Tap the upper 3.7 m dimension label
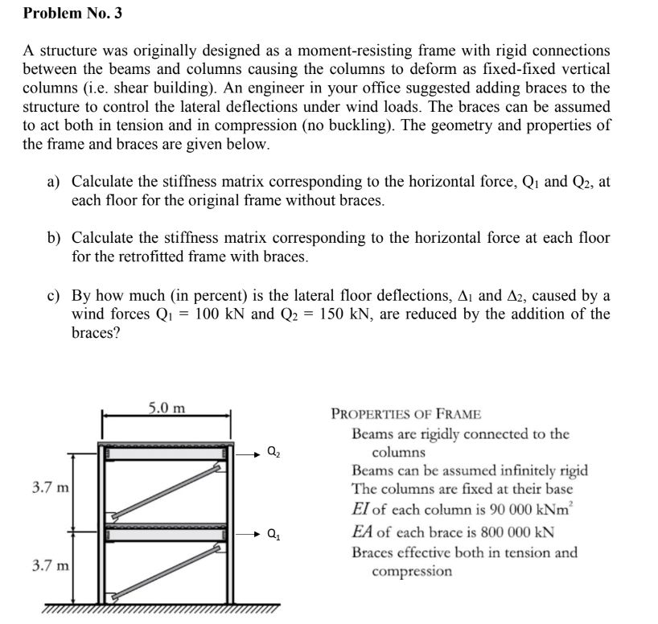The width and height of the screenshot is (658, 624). click(x=50, y=487)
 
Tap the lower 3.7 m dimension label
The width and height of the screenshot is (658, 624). click(x=50, y=567)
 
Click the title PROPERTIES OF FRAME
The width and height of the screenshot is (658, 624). click(x=406, y=414)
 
